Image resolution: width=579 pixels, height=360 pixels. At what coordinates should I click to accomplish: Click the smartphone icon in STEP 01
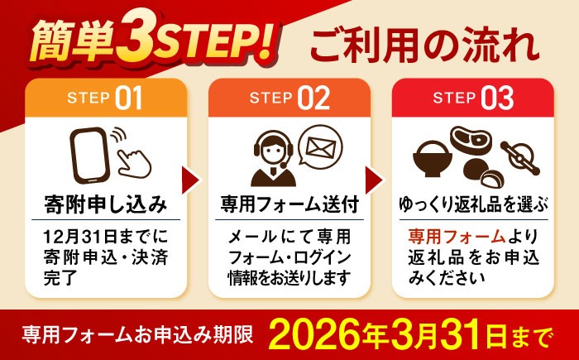click(89, 156)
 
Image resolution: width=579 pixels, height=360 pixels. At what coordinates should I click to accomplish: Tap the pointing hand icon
click(135, 164)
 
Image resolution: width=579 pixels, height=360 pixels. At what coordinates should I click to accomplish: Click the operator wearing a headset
click(273, 161)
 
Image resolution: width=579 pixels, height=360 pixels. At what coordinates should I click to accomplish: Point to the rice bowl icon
click(432, 159)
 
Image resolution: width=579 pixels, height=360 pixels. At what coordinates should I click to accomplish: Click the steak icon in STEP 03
click(471, 140)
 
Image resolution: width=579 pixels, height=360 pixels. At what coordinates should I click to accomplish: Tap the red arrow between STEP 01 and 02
click(191, 180)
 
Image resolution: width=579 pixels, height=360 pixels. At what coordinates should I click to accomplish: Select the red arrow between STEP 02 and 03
click(375, 180)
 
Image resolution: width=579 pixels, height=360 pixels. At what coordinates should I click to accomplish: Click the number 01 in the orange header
click(128, 98)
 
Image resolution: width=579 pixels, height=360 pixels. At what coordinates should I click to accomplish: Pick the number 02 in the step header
click(313, 98)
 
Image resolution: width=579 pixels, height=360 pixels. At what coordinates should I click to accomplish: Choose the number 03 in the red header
click(497, 98)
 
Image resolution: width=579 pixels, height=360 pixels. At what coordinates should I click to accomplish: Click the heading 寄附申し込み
click(106, 204)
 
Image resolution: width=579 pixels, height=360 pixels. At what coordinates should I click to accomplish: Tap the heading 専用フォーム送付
click(289, 204)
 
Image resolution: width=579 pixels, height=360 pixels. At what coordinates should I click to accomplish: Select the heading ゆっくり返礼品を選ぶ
click(473, 204)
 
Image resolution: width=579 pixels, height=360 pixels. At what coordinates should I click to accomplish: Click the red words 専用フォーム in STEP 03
click(457, 237)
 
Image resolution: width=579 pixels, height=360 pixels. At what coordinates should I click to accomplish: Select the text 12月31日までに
click(105, 237)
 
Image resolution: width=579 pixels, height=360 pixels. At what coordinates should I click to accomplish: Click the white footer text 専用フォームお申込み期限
click(137, 336)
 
